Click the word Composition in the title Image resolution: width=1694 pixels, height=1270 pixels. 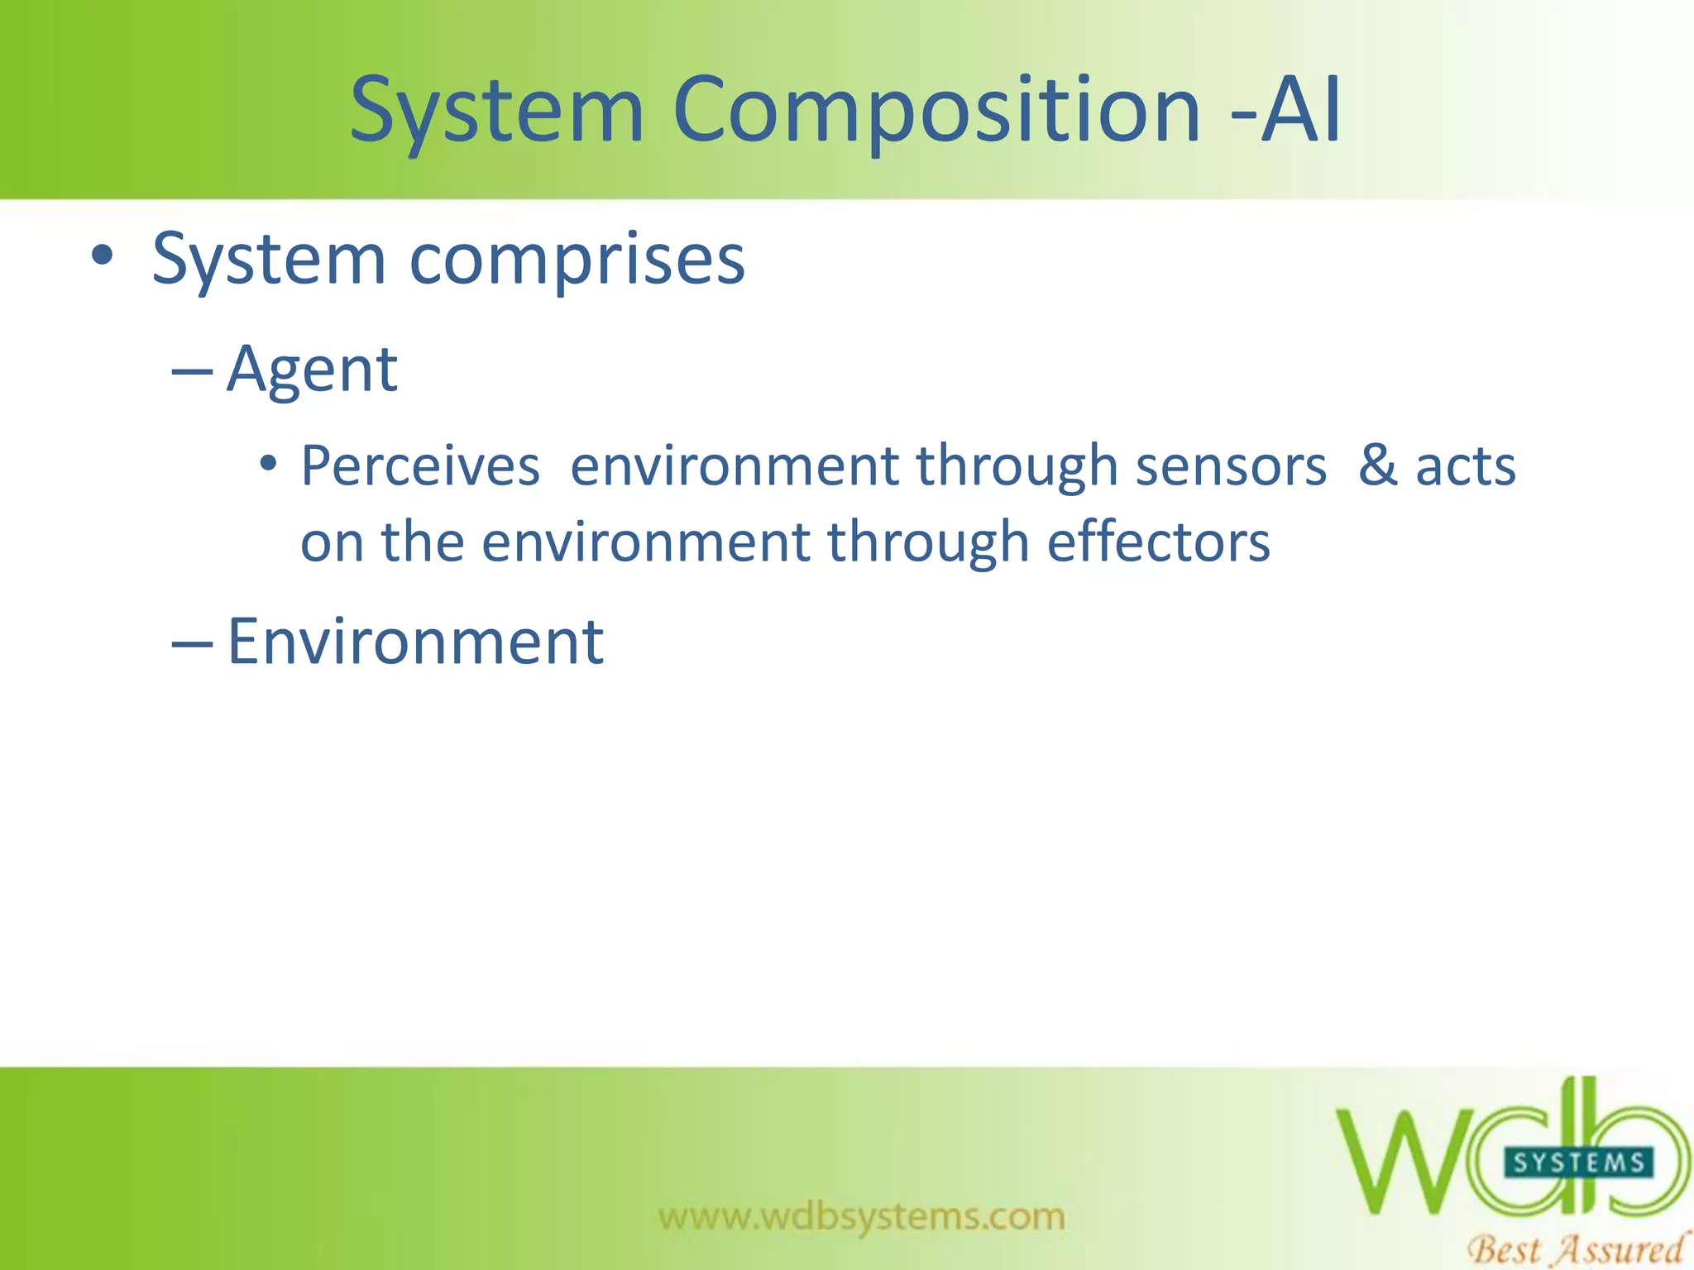click(x=936, y=110)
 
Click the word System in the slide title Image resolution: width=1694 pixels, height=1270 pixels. click(x=496, y=110)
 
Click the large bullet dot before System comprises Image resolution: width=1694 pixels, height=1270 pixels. click(x=102, y=256)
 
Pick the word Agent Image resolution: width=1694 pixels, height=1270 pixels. click(x=312, y=369)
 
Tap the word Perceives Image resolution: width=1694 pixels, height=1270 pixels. click(x=420, y=466)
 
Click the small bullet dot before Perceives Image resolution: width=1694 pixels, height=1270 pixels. click(x=267, y=464)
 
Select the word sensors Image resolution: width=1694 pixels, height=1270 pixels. click(x=1231, y=466)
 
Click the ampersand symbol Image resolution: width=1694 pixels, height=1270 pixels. click(x=1378, y=466)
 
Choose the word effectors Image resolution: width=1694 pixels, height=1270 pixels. click(x=1158, y=542)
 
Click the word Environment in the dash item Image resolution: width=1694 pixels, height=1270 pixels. click(x=415, y=642)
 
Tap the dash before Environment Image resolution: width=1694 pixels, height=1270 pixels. click(x=192, y=644)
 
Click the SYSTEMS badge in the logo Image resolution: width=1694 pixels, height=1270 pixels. click(x=1578, y=1163)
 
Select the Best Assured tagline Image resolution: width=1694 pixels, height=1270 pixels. click(x=1575, y=1248)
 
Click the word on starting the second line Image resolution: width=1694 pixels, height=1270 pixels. click(x=332, y=543)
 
